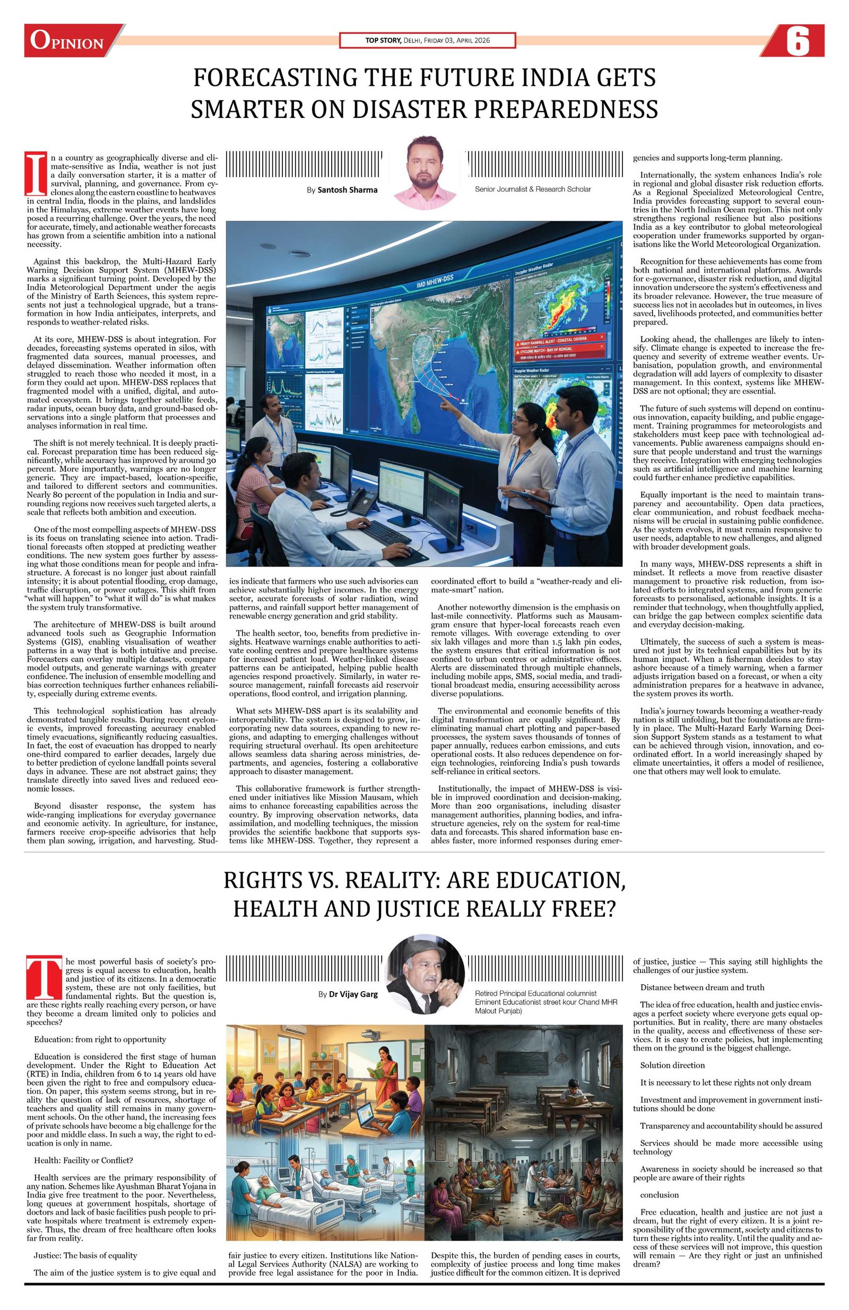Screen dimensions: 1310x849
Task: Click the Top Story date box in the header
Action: coord(427,40)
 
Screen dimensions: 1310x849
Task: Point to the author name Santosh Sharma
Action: coord(348,190)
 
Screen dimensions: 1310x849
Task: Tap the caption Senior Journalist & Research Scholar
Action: coord(532,189)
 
